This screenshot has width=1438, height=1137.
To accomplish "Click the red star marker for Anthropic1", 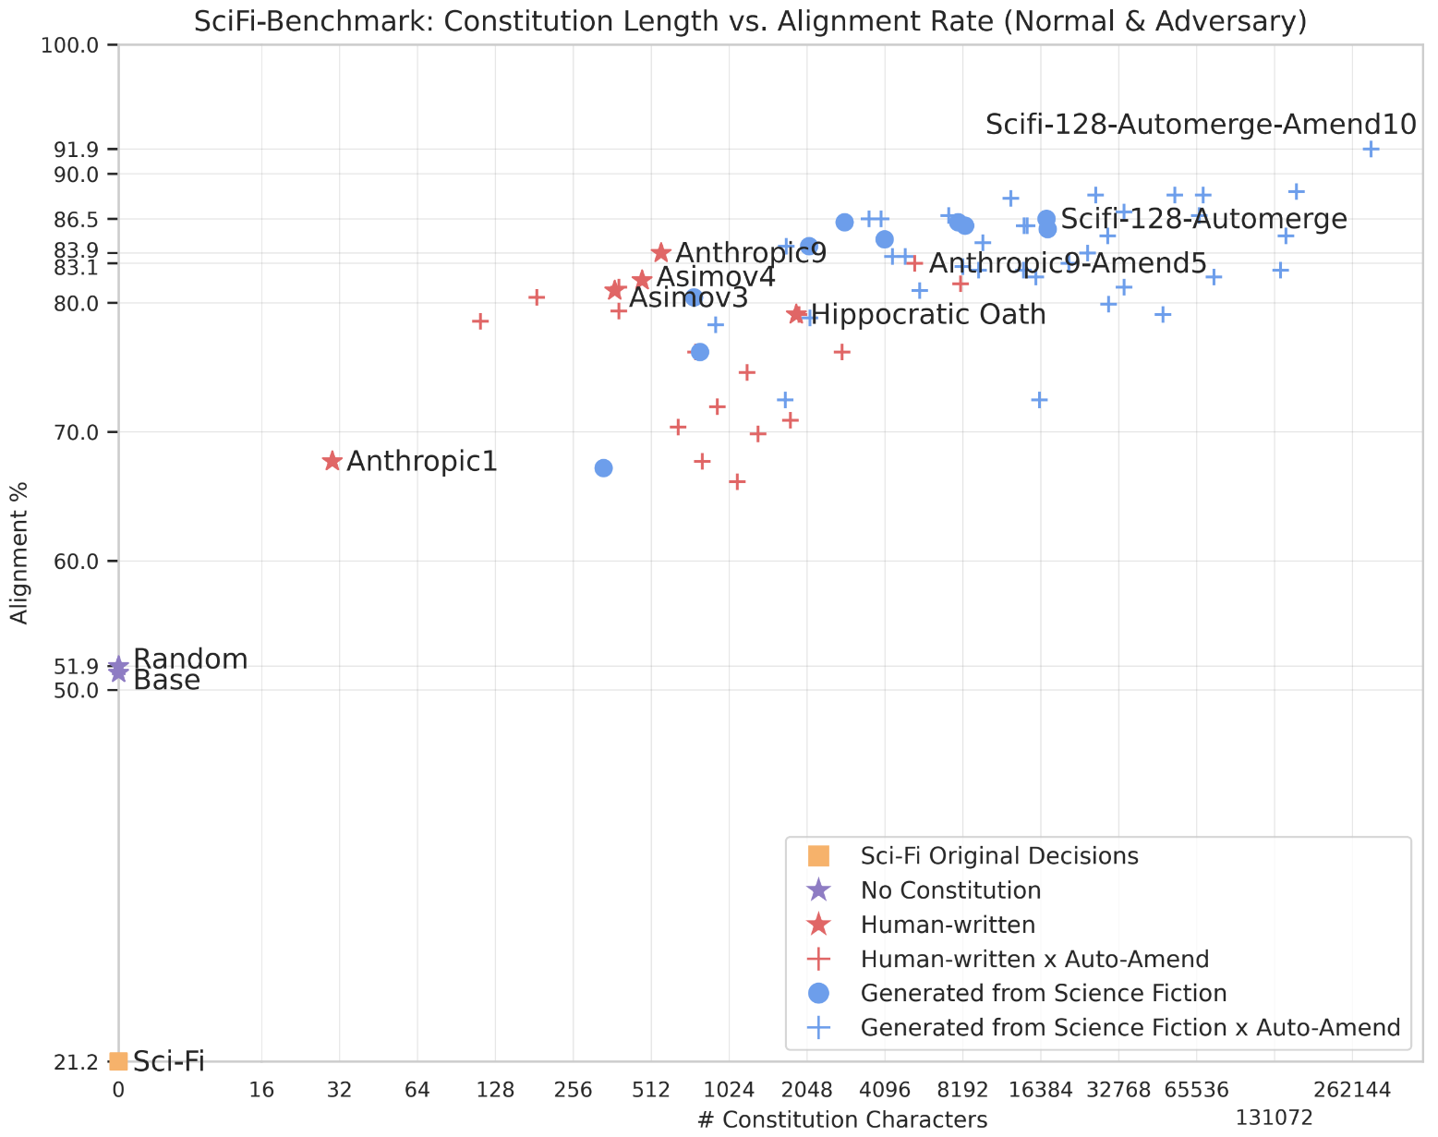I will [332, 461].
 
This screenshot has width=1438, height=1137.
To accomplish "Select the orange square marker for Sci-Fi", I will [118, 1061].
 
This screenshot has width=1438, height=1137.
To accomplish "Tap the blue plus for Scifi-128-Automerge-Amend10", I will [1371, 149].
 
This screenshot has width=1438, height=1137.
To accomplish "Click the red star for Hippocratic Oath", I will [797, 314].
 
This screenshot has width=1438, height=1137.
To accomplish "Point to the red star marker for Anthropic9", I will [661, 253].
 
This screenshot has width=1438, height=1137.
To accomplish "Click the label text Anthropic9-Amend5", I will [1067, 264].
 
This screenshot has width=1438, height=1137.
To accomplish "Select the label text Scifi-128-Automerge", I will [1202, 219].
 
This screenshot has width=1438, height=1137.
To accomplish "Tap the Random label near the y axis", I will [190, 659].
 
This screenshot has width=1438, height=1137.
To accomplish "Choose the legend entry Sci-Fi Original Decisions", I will [998, 855].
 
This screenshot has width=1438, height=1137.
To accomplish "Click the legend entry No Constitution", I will [950, 890].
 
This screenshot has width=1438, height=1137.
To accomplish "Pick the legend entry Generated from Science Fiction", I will [1043, 993].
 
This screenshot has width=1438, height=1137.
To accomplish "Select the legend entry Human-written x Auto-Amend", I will [1034, 959].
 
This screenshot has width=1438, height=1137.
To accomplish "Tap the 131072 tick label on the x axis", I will [1274, 1118].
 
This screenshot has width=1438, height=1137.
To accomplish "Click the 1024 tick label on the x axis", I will [730, 1090].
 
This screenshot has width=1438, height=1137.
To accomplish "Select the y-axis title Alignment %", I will [20, 553].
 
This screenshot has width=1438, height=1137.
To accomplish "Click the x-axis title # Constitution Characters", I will [842, 1119].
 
